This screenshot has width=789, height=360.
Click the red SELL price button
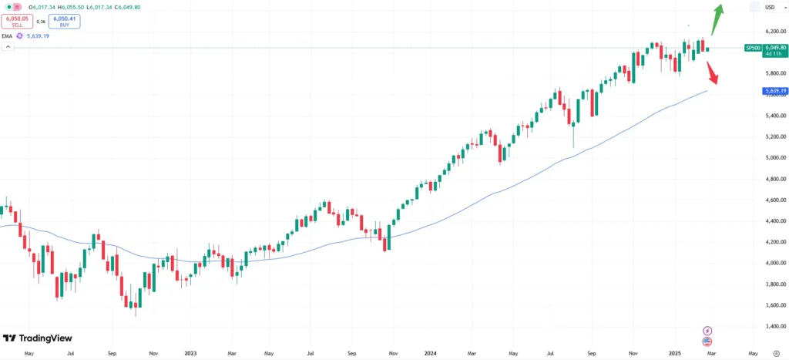pyautogui.click(x=17, y=22)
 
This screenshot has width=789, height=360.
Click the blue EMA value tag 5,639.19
pyautogui.click(x=773, y=91)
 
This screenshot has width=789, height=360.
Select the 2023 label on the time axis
pyautogui.click(x=192, y=354)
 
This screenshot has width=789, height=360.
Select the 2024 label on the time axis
pyautogui.click(x=431, y=354)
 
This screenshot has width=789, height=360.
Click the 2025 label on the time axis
pyautogui.click(x=673, y=354)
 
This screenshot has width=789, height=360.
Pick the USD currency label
pyautogui.click(x=770, y=7)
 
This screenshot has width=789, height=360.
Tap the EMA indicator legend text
pyautogui.click(x=8, y=35)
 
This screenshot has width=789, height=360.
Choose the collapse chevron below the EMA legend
pyautogui.click(x=8, y=47)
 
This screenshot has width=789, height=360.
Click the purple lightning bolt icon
pyautogui.click(x=707, y=331)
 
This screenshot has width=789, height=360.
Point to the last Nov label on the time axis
pyautogui.click(x=633, y=354)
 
